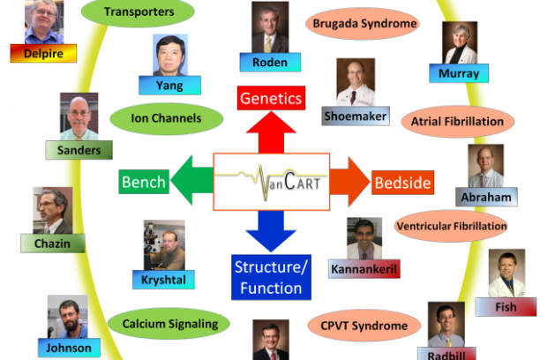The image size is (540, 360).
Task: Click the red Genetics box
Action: [271, 98]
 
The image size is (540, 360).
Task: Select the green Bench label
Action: [144, 183]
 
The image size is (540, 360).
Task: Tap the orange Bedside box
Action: [402, 183]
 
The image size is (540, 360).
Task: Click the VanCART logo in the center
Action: [271, 182]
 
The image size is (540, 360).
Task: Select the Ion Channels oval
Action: [168, 118]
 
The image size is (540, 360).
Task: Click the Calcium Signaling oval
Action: [170, 324]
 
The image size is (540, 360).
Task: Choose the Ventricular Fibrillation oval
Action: [452, 227]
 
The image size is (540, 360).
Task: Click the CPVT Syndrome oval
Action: [358, 326]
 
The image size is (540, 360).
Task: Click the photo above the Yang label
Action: [170, 56]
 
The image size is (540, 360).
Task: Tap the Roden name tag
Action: [270, 63]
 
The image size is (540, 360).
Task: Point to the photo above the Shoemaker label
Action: [355, 82]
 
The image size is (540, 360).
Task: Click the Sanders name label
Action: [79, 150]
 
